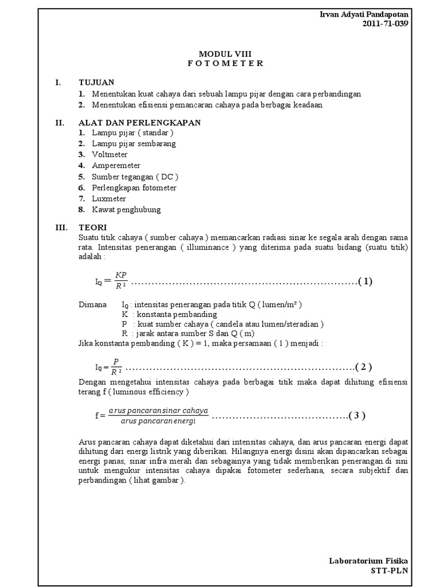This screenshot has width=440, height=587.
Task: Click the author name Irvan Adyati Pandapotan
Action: click(x=364, y=14)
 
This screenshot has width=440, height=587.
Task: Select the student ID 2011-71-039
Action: click(x=386, y=24)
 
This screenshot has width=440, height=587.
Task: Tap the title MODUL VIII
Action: click(x=225, y=53)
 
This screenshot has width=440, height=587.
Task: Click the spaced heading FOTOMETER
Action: click(x=225, y=64)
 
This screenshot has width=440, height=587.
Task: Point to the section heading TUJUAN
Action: click(x=96, y=83)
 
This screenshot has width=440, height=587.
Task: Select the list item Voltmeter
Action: click(x=109, y=155)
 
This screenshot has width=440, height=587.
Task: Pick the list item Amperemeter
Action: click(x=116, y=166)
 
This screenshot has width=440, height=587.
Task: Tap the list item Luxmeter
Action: click(x=109, y=199)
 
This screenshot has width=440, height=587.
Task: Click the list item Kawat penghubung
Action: click(x=126, y=210)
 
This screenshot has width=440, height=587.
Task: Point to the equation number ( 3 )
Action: click(x=356, y=416)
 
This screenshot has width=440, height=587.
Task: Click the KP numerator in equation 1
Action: click(x=120, y=275)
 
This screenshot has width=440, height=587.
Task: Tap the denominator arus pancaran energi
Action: click(x=159, y=421)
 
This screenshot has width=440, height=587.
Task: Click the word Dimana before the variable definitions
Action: click(x=92, y=304)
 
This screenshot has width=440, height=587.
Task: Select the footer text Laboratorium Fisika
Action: click(x=369, y=561)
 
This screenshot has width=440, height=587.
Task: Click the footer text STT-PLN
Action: click(x=390, y=571)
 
